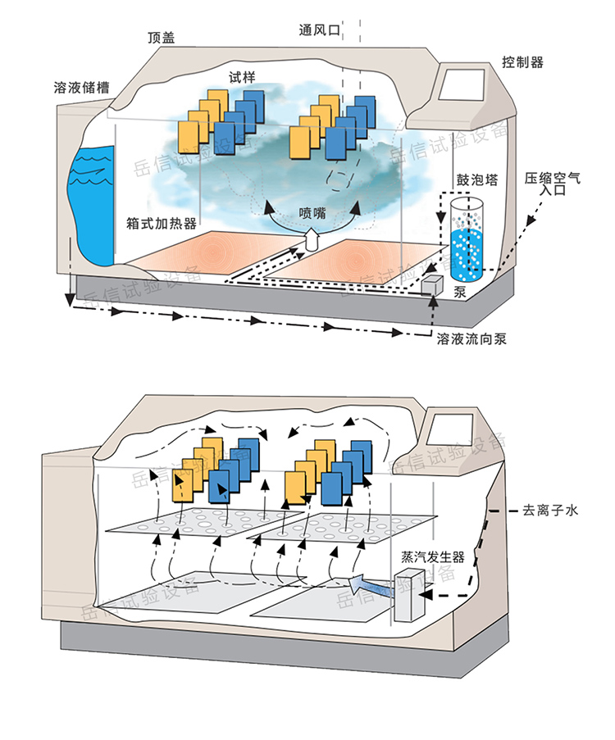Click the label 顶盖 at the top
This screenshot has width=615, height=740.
pyautogui.click(x=161, y=37)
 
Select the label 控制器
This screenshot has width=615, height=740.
pyautogui.click(x=522, y=61)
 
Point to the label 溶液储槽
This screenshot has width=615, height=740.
pyautogui.click(x=82, y=86)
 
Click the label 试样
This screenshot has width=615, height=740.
pyautogui.click(x=242, y=78)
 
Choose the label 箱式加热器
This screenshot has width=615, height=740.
pyautogui.click(x=162, y=223)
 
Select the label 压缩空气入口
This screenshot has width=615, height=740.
pyautogui.click(x=552, y=184)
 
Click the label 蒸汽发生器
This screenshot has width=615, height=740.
pyautogui.click(x=433, y=556)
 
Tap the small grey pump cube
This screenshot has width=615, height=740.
pyautogui.click(x=431, y=285)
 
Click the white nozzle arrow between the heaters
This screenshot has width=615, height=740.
pyautogui.click(x=312, y=240)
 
